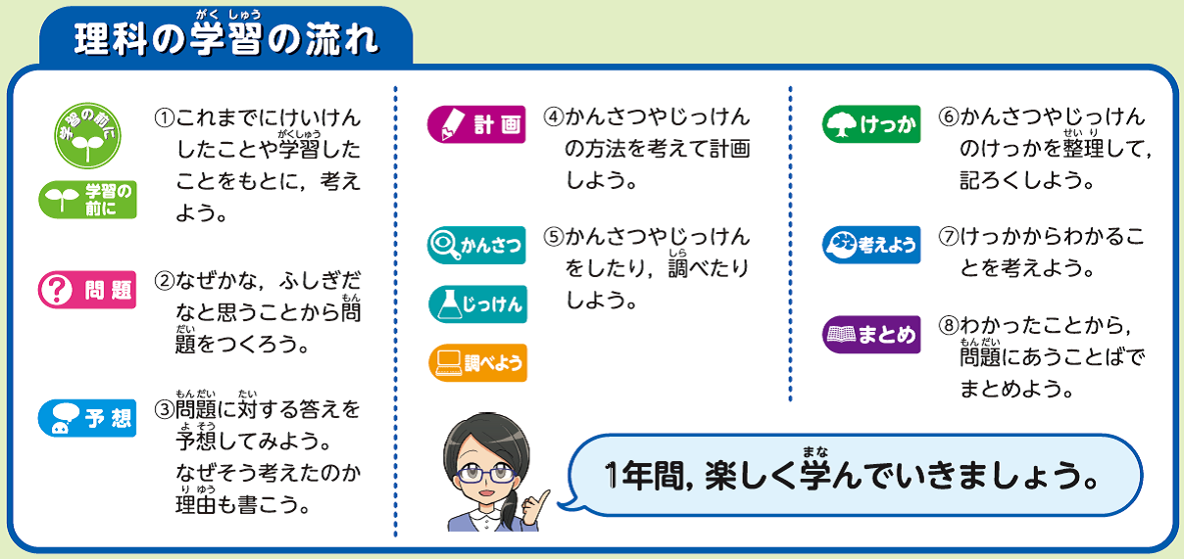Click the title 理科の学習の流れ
click(x=226, y=39)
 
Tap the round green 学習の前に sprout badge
click(x=88, y=136)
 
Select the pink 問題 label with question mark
click(x=87, y=290)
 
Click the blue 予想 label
click(x=87, y=418)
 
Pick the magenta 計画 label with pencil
click(x=476, y=124)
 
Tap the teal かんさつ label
click(x=476, y=245)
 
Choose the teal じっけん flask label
click(x=477, y=304)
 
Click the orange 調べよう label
click(x=477, y=362)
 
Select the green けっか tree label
click(x=871, y=124)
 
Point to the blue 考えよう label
click(x=871, y=245)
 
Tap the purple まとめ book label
click(x=871, y=334)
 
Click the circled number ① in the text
click(x=164, y=117)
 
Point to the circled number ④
click(x=554, y=116)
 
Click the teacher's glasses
click(x=486, y=474)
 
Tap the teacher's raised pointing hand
click(x=534, y=508)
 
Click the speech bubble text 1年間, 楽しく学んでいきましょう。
click(x=852, y=476)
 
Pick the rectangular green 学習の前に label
click(x=87, y=200)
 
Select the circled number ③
click(x=164, y=409)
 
